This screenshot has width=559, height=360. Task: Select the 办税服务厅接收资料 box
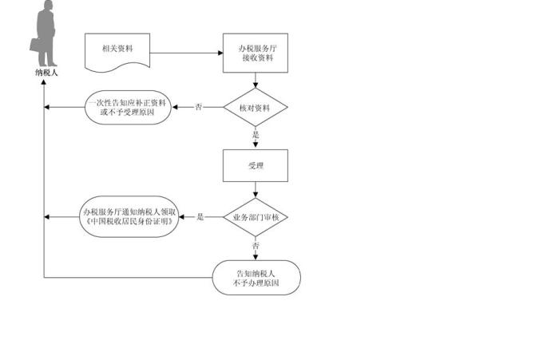click(x=256, y=53)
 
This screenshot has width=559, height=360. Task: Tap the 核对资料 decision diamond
click(x=256, y=107)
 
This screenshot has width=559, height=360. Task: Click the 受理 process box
click(x=256, y=166)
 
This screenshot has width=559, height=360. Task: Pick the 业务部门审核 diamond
click(x=256, y=217)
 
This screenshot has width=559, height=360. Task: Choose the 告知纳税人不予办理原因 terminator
click(x=256, y=277)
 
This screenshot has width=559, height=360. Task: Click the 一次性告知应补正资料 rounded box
click(x=128, y=107)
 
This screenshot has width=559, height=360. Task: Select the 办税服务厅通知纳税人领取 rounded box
click(x=129, y=216)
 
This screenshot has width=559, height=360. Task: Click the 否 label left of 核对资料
click(x=198, y=107)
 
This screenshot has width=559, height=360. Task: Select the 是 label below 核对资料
click(x=256, y=135)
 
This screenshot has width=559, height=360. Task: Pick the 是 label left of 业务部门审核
click(x=200, y=217)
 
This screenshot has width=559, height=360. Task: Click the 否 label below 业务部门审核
click(x=256, y=246)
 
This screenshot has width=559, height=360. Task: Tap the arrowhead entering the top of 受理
click(x=256, y=147)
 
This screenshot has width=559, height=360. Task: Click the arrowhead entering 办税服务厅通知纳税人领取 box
click(x=183, y=217)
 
